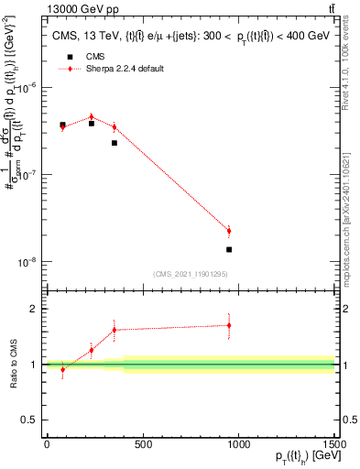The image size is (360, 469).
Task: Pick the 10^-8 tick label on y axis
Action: [x=27, y=262]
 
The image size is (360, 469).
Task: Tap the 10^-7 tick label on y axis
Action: [x=27, y=175]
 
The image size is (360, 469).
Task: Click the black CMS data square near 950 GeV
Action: [x=229, y=249]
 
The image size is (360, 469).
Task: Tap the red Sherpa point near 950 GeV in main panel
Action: [x=229, y=231]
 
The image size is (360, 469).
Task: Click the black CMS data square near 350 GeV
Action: [x=115, y=143]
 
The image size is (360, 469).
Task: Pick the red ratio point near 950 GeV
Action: [x=229, y=325]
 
